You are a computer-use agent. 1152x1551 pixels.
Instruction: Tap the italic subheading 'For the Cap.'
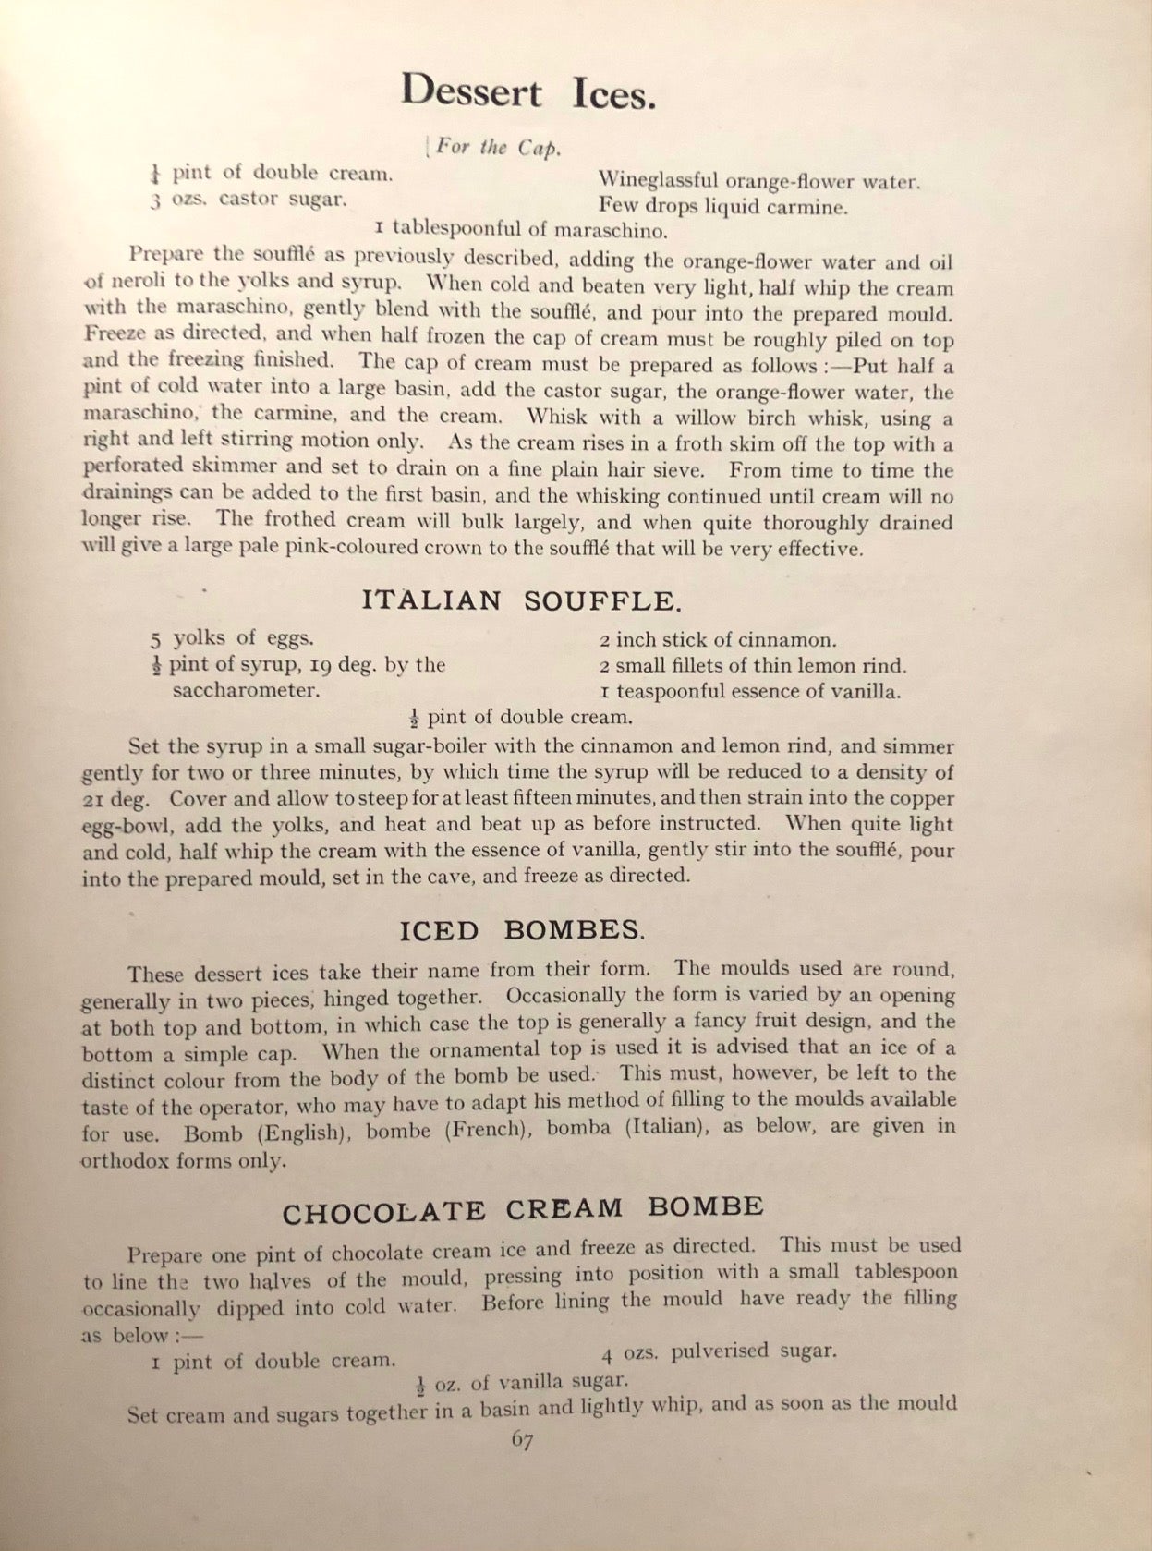(496, 148)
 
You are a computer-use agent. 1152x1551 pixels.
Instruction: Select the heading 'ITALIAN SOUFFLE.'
(522, 600)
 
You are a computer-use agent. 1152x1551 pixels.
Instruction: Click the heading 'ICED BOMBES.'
(522, 929)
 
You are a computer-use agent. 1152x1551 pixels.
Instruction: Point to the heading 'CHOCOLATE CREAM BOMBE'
(523, 1209)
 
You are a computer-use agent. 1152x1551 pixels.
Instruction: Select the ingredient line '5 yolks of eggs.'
(232, 637)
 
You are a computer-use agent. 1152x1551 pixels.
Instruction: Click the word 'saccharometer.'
(247, 690)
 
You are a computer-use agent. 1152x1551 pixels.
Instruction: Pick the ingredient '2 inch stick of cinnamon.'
(718, 639)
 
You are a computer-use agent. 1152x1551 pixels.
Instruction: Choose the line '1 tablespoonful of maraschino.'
(521, 228)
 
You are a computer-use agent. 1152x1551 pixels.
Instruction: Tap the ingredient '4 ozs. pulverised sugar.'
(719, 1351)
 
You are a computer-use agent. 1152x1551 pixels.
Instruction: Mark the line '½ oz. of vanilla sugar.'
(522, 1382)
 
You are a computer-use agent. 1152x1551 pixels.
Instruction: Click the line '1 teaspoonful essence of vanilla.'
(749, 691)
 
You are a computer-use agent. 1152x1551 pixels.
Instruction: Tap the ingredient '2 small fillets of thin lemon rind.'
(753, 665)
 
